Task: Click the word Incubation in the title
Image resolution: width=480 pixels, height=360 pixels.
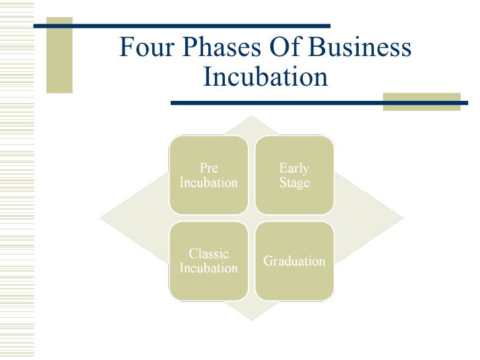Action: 265,77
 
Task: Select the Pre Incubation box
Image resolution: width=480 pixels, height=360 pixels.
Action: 208,175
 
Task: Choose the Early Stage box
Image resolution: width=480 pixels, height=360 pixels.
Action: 294,175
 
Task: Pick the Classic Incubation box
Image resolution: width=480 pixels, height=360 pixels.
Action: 208,261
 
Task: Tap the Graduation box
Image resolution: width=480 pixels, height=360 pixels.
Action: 294,261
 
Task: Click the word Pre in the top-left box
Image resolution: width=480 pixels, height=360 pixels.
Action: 208,168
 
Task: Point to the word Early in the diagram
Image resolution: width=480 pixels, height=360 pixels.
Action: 294,168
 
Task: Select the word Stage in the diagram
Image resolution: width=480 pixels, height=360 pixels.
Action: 294,183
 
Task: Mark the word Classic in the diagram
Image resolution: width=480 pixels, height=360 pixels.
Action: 208,254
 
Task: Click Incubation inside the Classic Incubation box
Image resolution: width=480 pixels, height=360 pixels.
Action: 208,268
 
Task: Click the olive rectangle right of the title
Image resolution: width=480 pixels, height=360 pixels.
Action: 421,102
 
